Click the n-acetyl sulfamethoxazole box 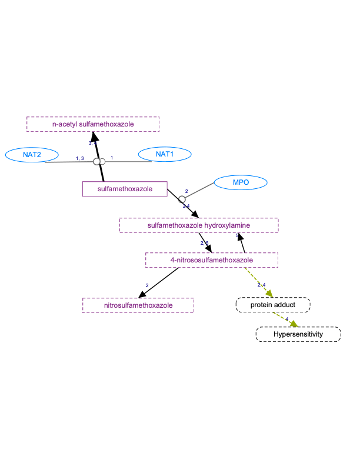click(x=93, y=124)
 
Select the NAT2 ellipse click(x=32, y=155)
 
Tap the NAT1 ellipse click(x=165, y=154)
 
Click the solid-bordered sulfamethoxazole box click(x=125, y=189)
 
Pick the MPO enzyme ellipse click(x=241, y=182)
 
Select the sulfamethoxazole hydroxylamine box click(x=198, y=225)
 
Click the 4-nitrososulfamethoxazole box click(x=211, y=259)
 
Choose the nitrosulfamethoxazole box click(x=138, y=305)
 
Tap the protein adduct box click(x=272, y=305)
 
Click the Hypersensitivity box click(x=298, y=334)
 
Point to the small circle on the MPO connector click(x=182, y=199)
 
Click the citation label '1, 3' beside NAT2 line click(x=80, y=158)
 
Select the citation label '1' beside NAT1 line click(x=112, y=158)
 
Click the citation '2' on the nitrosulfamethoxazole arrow click(x=147, y=285)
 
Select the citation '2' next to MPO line click(x=186, y=191)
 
